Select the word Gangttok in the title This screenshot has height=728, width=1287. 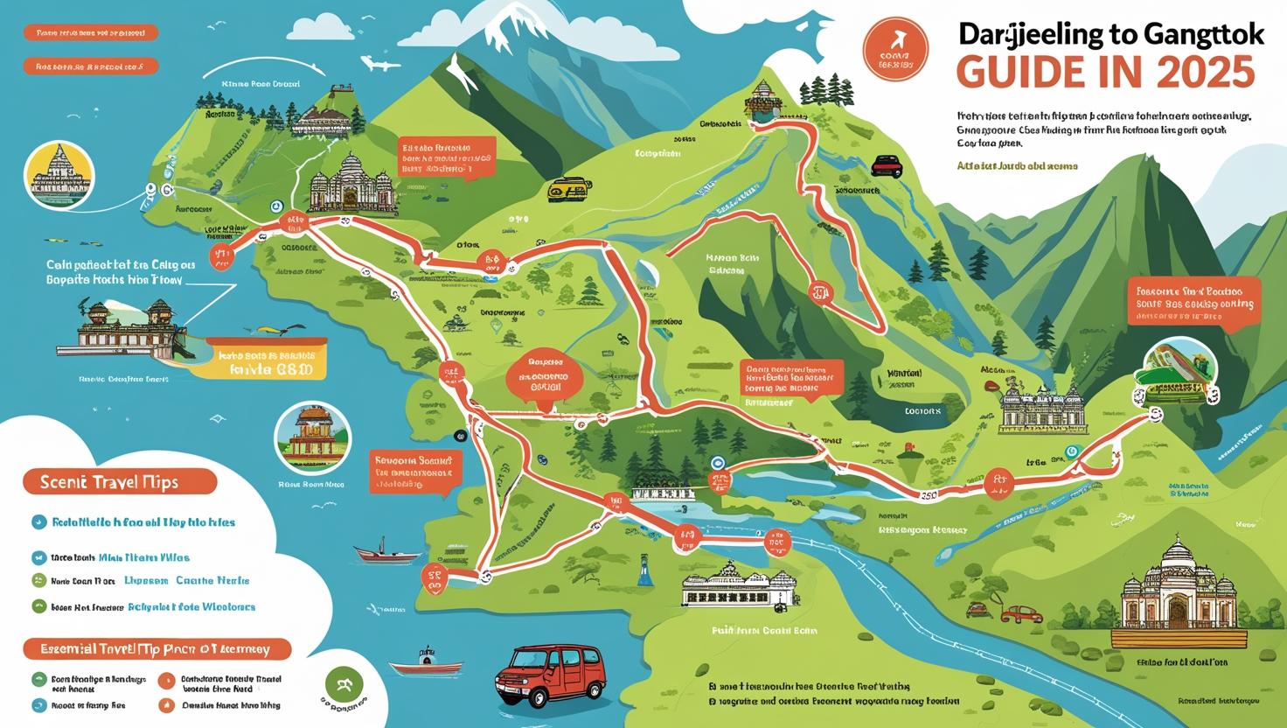(x=1195, y=34)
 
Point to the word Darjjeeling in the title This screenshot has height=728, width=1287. (x=1030, y=34)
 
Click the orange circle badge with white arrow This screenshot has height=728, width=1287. (x=894, y=47)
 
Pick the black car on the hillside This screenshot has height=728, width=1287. (x=887, y=165)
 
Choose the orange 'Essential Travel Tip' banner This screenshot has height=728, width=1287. (x=156, y=649)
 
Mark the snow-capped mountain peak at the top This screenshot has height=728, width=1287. (x=508, y=31)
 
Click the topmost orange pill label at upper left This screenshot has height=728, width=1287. (x=92, y=33)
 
